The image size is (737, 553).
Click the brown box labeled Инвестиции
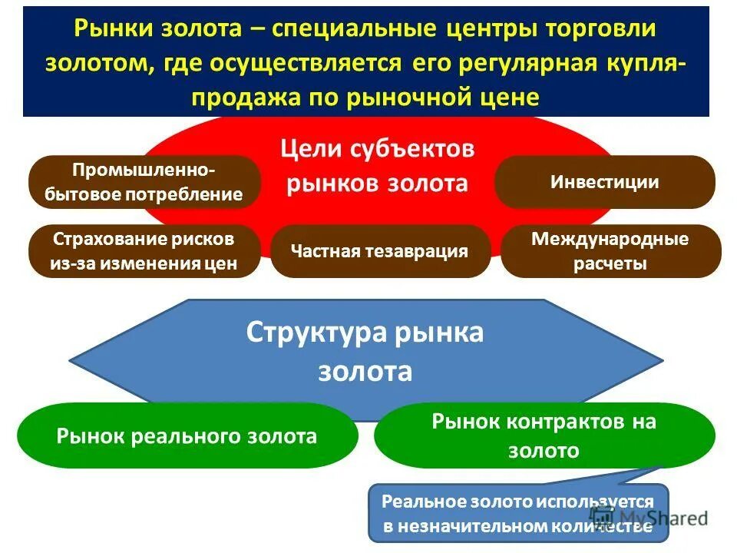[604, 182]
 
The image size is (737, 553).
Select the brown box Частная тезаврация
[380, 251]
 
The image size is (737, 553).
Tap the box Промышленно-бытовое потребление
[144, 182]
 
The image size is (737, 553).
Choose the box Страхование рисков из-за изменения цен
[144, 251]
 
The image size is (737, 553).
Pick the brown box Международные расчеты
[610, 251]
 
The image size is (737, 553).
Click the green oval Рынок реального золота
[187, 436]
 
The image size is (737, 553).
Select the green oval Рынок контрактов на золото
[544, 435]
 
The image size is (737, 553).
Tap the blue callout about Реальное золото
[518, 513]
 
